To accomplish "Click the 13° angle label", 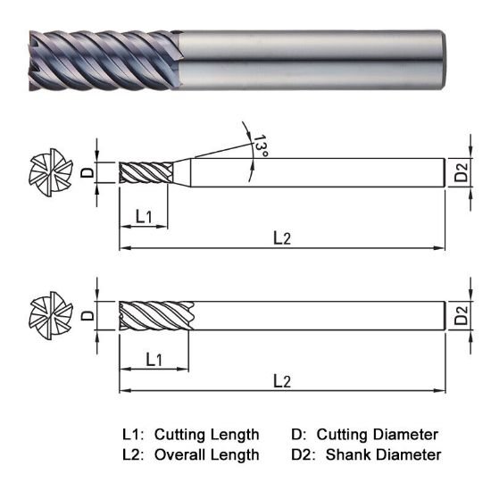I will click(x=258, y=146).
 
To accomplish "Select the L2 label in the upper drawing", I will click(x=281, y=237).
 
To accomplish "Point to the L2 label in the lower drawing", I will click(x=281, y=380).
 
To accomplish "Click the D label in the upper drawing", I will click(x=87, y=172).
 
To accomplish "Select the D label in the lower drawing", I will click(x=87, y=314).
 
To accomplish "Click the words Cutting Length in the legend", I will click(x=206, y=435).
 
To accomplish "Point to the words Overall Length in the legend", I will click(x=206, y=454).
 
